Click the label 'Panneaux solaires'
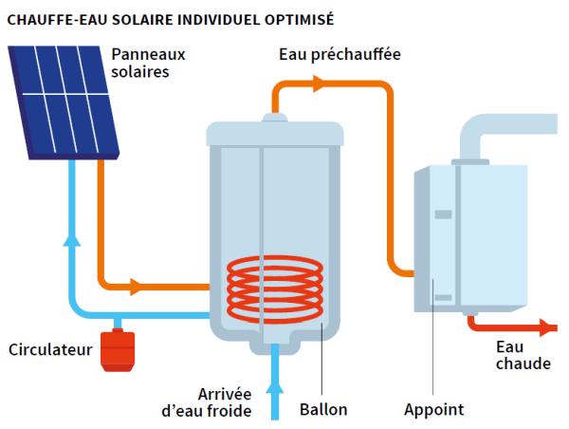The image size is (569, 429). pos(147,63)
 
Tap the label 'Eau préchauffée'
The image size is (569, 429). pos(340,55)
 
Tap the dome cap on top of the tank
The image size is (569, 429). pos(275,119)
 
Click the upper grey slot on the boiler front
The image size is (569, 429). pos(443,214)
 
